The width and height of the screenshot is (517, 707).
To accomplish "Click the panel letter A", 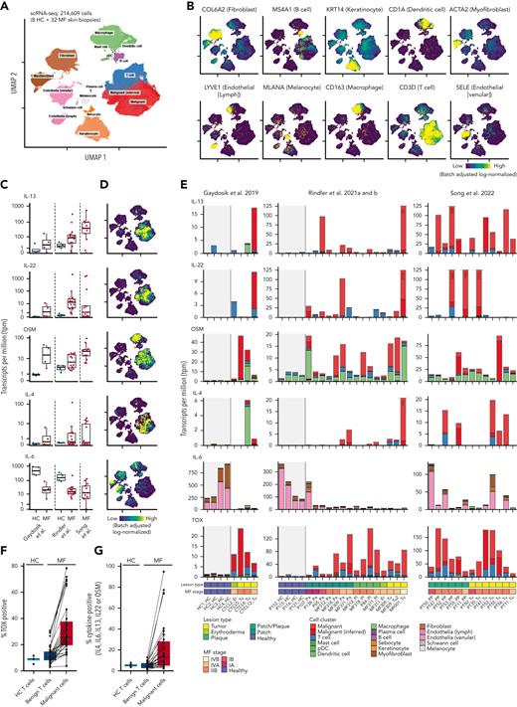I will click(5, 6).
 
